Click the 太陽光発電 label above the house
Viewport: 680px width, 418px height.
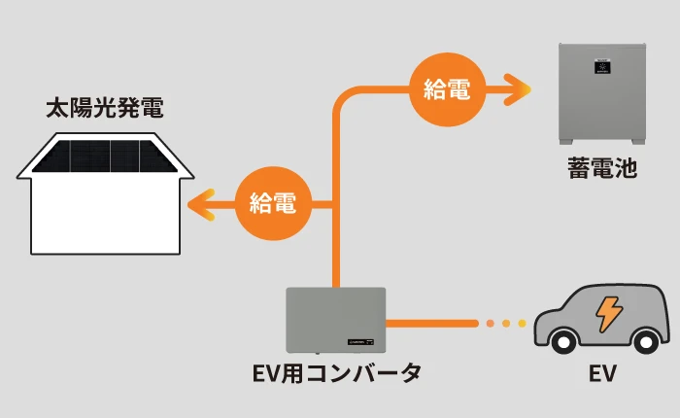point(105,109)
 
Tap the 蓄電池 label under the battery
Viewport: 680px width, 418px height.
point(602,168)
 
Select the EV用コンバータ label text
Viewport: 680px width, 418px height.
point(337,373)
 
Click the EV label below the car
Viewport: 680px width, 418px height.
point(602,373)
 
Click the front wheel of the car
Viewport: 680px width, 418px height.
point(563,342)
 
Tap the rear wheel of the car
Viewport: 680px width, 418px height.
point(646,342)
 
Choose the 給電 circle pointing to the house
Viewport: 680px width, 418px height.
point(273,203)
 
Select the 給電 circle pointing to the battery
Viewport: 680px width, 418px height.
point(447,89)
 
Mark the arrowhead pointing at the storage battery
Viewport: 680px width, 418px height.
point(518,89)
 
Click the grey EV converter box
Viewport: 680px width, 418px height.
point(336,320)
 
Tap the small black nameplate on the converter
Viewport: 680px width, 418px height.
point(360,342)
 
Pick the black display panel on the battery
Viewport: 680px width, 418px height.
point(602,66)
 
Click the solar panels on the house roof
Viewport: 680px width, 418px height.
point(105,157)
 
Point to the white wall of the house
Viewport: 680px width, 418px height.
point(105,216)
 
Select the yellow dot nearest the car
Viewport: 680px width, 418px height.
point(523,324)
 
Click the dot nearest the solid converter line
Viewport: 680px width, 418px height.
point(491,324)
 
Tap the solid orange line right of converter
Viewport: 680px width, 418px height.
point(432,324)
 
